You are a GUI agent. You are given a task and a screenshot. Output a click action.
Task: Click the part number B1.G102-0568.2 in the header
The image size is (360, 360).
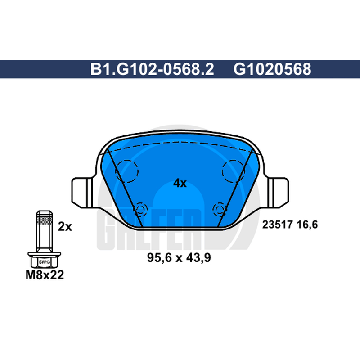[x=152, y=69]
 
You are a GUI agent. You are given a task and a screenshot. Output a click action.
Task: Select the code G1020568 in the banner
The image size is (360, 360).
[x=272, y=69]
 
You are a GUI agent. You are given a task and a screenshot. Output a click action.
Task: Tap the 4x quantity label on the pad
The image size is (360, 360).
[x=180, y=183]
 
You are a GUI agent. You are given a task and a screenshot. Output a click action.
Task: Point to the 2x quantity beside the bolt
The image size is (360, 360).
[x=65, y=227]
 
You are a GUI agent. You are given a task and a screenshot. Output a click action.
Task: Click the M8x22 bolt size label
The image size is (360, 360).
[x=45, y=275]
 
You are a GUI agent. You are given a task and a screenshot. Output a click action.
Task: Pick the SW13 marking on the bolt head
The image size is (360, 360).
[x=44, y=262]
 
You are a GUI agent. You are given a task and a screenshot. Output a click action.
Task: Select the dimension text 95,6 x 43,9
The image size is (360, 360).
[x=179, y=257]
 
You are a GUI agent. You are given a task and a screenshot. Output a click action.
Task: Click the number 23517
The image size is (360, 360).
[x=277, y=224]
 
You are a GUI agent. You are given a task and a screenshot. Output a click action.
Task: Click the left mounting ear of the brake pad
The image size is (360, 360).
[x=83, y=193]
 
